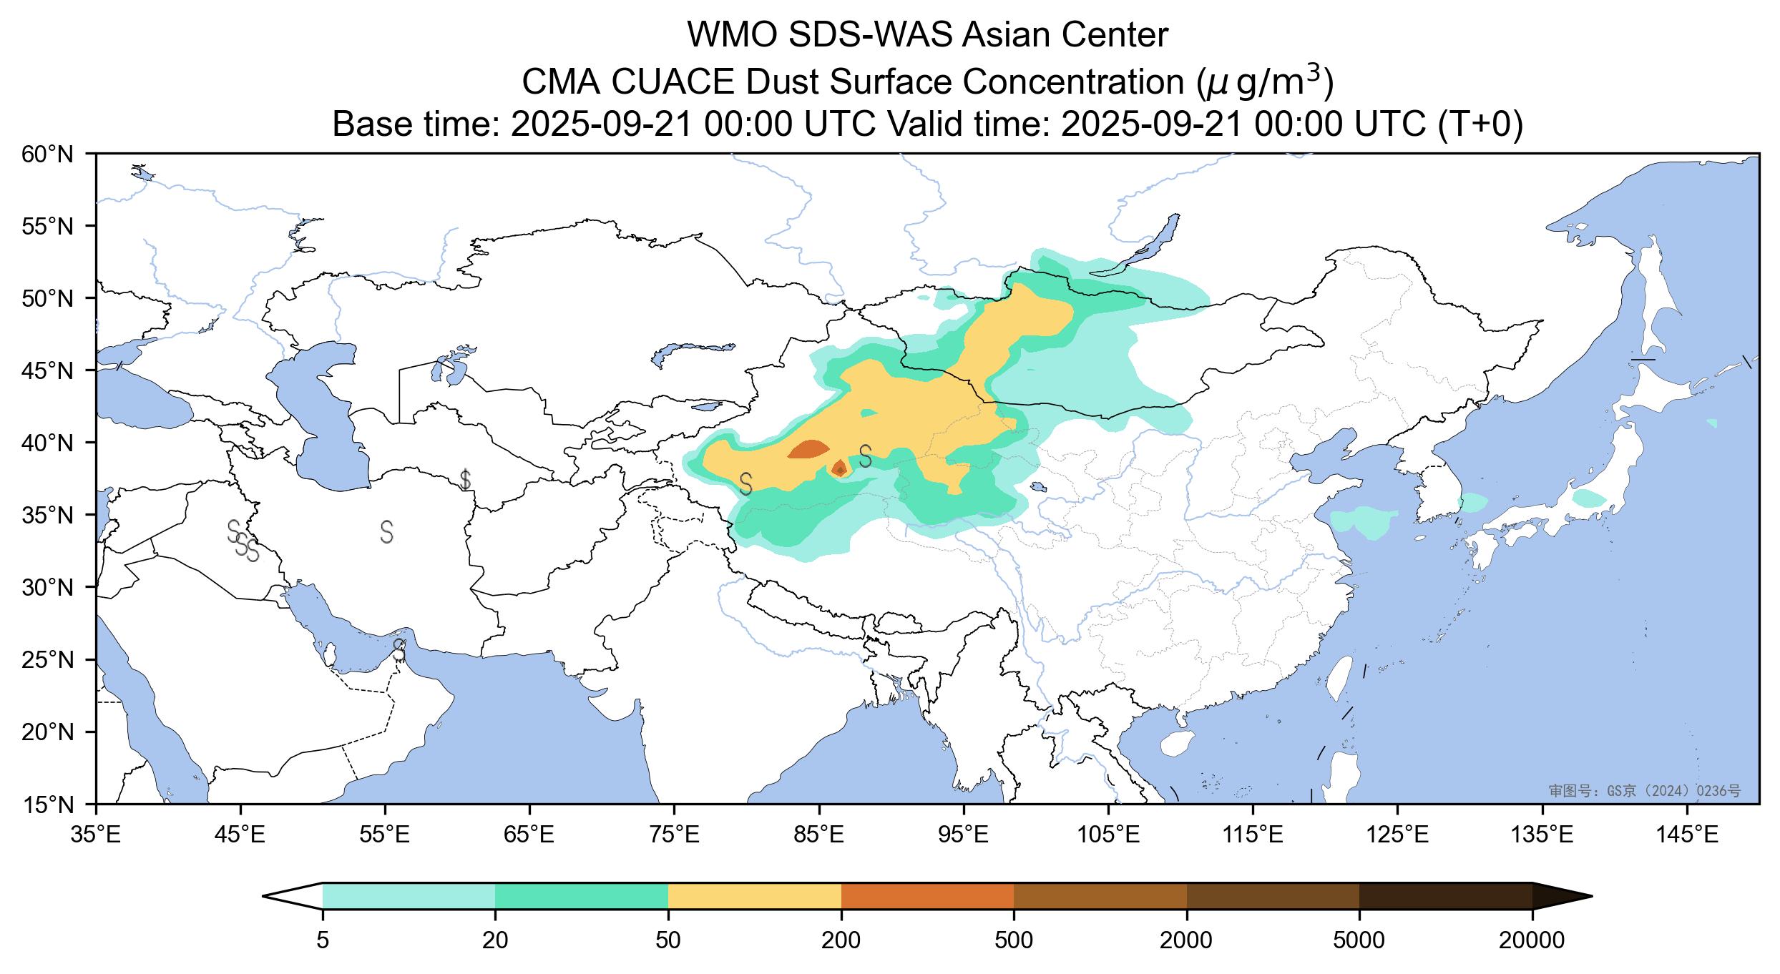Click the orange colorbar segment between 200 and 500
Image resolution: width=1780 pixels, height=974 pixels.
(x=927, y=896)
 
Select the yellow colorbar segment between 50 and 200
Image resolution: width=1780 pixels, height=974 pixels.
(x=754, y=896)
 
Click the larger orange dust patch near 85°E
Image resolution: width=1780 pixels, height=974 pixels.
(x=808, y=449)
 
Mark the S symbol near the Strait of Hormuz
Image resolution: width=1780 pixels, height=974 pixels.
(x=399, y=650)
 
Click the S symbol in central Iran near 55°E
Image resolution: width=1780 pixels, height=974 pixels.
(x=387, y=532)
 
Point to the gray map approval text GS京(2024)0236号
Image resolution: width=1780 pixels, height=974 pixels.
(x=1644, y=790)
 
